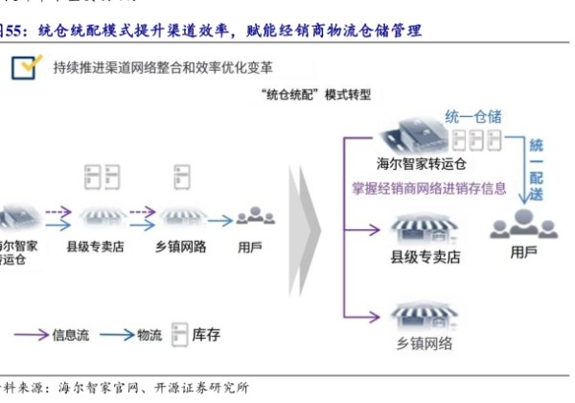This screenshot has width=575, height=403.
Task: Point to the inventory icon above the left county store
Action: (96, 177)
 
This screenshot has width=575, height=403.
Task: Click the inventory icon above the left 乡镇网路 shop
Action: (180, 177)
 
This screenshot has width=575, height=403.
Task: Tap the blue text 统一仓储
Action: (473, 116)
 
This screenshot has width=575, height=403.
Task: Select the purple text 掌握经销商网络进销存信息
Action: (429, 188)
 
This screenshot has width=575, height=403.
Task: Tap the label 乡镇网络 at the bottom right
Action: (423, 344)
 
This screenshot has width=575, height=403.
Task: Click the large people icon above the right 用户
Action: (523, 225)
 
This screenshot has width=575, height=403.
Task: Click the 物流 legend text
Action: (149, 335)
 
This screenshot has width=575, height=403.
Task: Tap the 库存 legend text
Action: (207, 335)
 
